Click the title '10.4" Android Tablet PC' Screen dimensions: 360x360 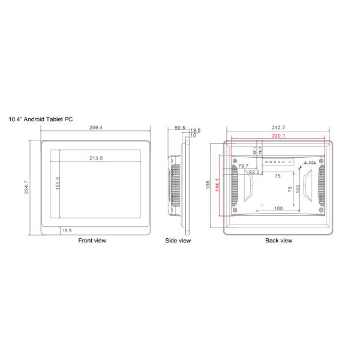[41, 119]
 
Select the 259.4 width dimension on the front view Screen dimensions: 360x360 [95, 128]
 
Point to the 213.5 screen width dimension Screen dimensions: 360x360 [96, 158]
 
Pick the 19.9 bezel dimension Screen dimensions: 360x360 [67, 231]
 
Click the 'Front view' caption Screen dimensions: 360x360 [92, 241]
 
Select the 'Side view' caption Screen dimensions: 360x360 [178, 241]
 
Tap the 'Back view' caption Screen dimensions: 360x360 [278, 241]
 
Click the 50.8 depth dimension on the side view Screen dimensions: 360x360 [179, 128]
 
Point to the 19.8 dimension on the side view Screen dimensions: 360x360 [194, 130]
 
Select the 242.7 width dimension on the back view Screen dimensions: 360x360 [278, 128]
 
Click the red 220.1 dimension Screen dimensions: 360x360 [278, 136]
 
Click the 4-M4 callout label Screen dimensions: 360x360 [311, 163]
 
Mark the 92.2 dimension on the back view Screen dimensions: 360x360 [254, 172]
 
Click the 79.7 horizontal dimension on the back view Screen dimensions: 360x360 [244, 167]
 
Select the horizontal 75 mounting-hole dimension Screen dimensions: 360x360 [278, 176]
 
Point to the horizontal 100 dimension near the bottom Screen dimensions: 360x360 [278, 208]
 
